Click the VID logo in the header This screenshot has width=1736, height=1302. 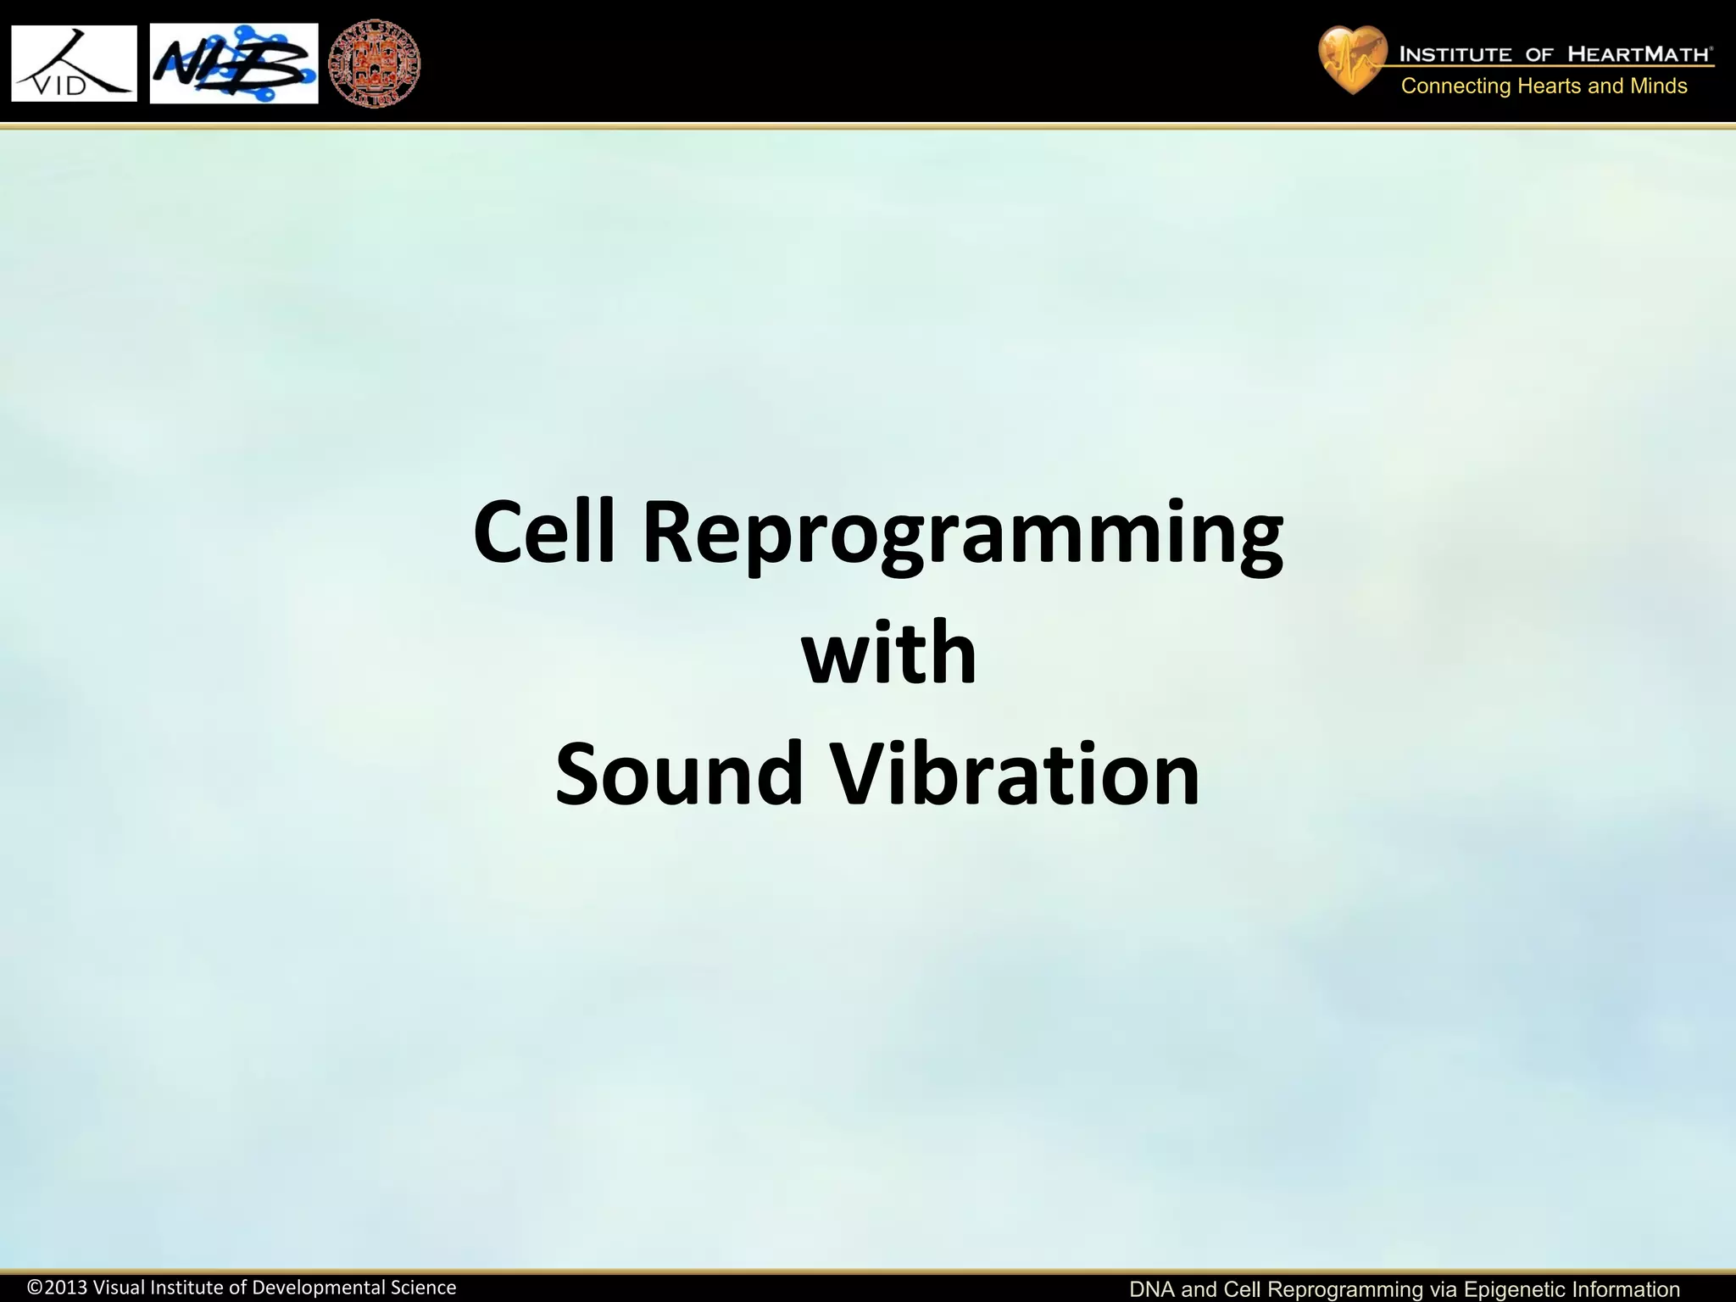pos(74,64)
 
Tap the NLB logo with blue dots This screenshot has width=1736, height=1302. pos(234,64)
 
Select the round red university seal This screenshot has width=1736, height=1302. pos(374,64)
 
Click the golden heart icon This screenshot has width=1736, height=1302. pos(1351,59)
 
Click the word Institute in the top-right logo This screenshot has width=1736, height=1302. pos(1455,55)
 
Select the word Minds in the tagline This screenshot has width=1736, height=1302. pos(1659,86)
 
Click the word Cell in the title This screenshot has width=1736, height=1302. pos(543,531)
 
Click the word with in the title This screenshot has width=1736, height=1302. pos(889,653)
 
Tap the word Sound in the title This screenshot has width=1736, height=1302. pos(678,773)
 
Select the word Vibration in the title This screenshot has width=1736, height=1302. pos(1014,773)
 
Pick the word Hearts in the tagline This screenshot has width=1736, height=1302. pos(1550,86)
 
